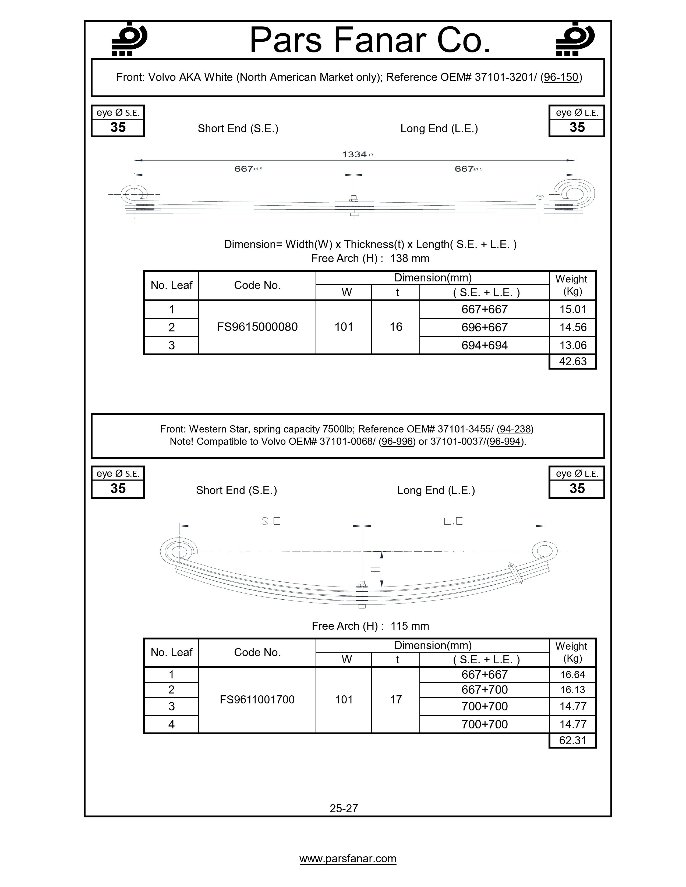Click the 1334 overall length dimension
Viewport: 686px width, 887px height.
coord(355,154)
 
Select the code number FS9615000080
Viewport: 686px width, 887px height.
coord(257,327)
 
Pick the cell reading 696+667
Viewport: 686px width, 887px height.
coord(485,327)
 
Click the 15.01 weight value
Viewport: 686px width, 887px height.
coord(573,309)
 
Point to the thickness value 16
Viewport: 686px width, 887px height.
coord(396,327)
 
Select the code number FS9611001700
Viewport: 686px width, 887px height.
coord(257,699)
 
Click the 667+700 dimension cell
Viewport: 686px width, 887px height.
coord(485,690)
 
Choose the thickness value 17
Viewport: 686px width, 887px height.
coord(396,699)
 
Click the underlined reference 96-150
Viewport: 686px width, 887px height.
coord(561,77)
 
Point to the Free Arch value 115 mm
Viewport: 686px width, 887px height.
coord(410,626)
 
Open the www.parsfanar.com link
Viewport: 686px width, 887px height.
coord(348,859)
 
